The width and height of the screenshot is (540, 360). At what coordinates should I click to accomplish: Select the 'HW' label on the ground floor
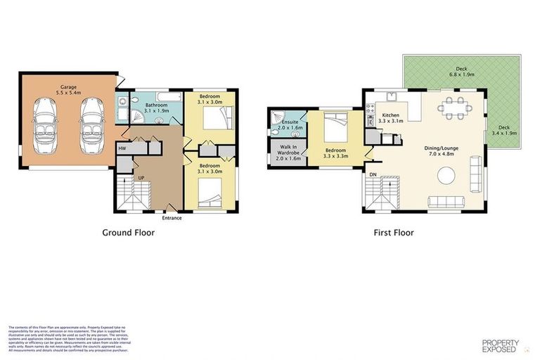(122, 148)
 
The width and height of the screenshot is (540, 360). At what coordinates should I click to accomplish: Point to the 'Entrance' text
(171, 218)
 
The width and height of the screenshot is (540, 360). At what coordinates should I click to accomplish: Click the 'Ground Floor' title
(129, 233)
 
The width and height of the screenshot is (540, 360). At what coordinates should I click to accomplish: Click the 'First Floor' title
(394, 233)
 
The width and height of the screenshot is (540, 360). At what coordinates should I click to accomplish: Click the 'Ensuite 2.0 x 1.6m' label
(290, 124)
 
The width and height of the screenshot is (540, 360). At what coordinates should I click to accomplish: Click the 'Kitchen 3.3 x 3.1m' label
(390, 118)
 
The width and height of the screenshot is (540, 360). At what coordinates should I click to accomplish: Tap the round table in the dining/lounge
(446, 175)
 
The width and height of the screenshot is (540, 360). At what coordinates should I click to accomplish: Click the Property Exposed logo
(500, 345)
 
